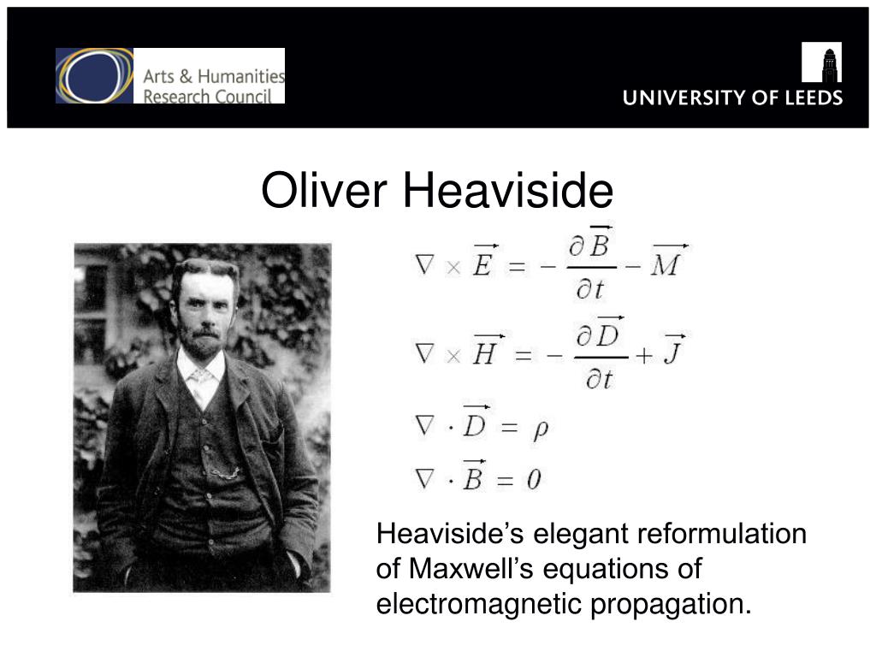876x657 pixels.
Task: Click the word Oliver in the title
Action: (324, 190)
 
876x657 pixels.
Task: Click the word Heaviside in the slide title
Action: (508, 190)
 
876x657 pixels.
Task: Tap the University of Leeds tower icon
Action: (821, 62)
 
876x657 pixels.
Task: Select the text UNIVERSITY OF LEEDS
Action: (732, 98)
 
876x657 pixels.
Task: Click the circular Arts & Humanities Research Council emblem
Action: (94, 75)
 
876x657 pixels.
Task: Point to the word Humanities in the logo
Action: (240, 76)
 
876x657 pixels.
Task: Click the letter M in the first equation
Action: (666, 265)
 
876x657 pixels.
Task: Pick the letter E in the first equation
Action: (482, 265)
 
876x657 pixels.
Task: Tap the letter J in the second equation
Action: (673, 353)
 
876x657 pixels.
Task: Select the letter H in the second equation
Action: (486, 353)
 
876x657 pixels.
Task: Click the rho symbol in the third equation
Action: (541, 429)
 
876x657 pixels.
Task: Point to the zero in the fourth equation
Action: (534, 480)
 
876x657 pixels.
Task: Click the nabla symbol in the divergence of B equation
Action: (424, 479)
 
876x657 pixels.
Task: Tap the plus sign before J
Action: (644, 355)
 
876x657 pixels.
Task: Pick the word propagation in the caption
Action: (671, 605)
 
